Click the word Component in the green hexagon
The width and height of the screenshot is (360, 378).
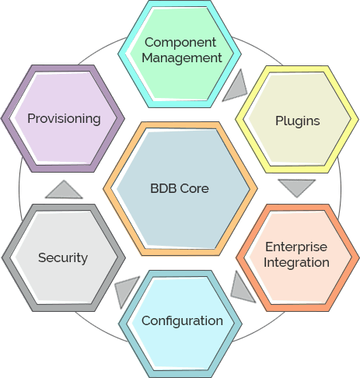(x=180, y=42)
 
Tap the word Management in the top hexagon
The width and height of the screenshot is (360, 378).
(x=182, y=58)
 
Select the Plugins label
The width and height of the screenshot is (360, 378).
(x=298, y=121)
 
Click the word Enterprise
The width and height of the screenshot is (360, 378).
(x=296, y=247)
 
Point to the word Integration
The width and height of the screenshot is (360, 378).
(x=296, y=262)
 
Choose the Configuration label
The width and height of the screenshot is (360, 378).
(x=182, y=321)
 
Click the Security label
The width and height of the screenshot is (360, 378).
(x=63, y=257)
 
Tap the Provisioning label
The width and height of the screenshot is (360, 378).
(x=64, y=119)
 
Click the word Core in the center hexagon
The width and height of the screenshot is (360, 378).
(x=194, y=188)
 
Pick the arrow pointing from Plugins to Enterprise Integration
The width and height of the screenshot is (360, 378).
(x=297, y=187)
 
